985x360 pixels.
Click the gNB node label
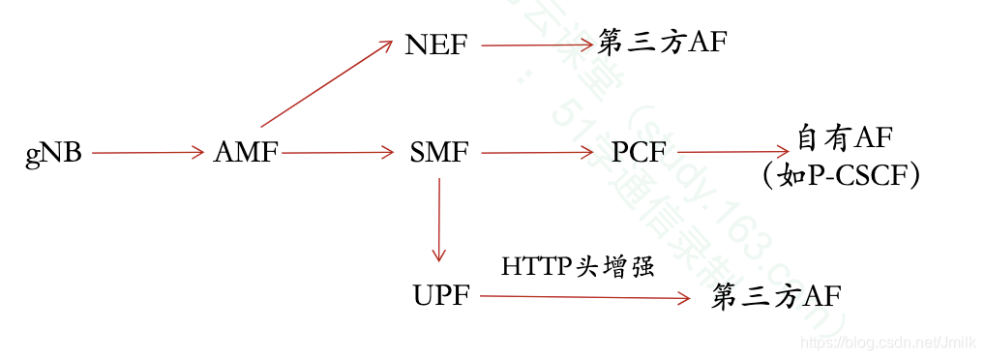(54, 153)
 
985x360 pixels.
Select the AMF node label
(246, 153)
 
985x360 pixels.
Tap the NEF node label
(437, 45)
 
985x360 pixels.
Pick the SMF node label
(439, 153)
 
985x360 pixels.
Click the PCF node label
(639, 153)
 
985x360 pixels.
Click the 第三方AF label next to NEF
(662, 44)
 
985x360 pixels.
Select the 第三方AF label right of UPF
(776, 297)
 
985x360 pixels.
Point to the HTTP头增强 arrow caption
(578, 266)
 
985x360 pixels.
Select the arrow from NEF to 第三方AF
(535, 45)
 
